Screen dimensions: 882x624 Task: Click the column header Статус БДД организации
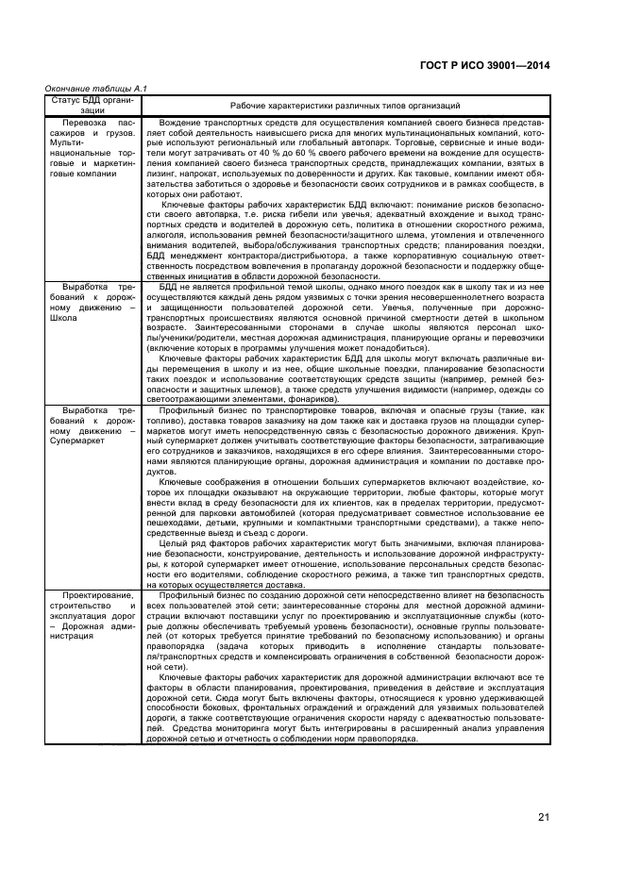(x=92, y=104)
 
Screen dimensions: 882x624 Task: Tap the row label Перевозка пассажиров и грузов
(x=92, y=128)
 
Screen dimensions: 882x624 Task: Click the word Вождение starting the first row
(x=179, y=124)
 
